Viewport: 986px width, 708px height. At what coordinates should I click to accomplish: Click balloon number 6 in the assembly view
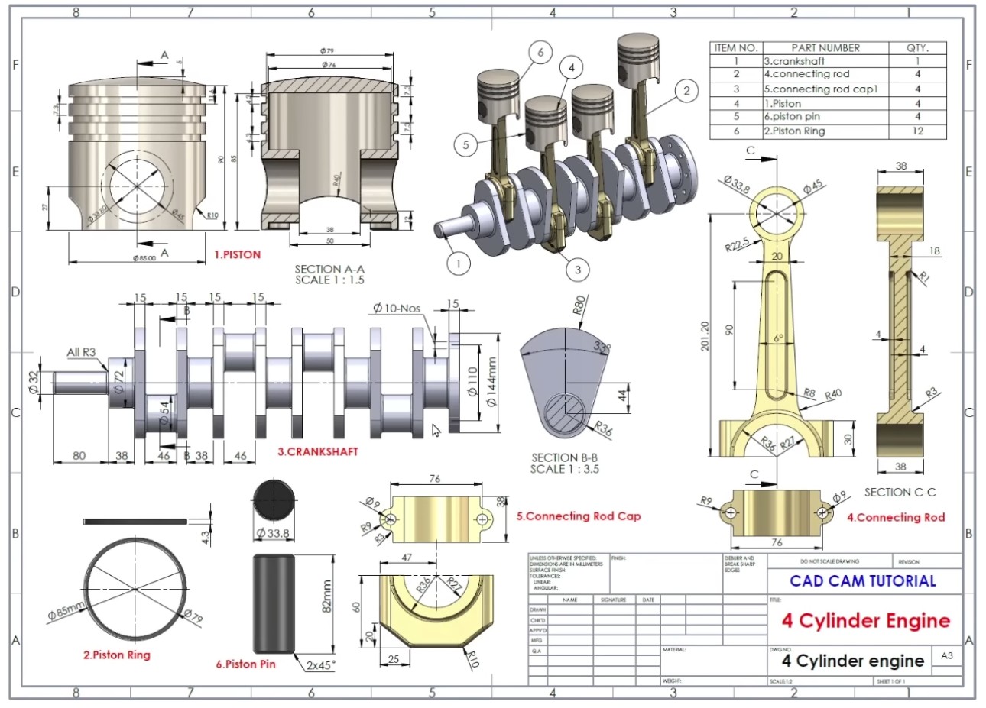pos(540,52)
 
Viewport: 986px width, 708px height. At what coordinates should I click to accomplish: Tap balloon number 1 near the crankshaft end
pos(459,264)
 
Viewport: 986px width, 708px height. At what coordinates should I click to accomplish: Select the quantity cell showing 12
pos(917,131)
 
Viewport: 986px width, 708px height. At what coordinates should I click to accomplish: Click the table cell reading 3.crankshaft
pos(795,61)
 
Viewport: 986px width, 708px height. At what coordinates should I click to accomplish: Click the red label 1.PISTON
pos(237,254)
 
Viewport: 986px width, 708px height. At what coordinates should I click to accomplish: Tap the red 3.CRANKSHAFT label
pos(317,451)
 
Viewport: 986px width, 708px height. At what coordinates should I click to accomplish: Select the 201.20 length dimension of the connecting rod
pos(705,335)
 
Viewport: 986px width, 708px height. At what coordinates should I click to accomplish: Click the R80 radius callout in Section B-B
pos(579,306)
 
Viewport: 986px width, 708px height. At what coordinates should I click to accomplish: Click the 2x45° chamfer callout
pos(321,665)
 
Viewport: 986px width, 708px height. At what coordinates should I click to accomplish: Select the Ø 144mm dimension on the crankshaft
pos(492,381)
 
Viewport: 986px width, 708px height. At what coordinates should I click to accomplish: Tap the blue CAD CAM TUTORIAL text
pos(863,581)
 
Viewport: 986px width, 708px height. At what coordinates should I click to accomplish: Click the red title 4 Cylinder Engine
pos(865,621)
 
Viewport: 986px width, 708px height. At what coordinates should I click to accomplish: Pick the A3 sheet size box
pos(947,656)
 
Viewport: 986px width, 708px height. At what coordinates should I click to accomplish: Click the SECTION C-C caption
pos(900,493)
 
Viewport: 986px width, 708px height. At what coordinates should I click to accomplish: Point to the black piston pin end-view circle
pos(273,500)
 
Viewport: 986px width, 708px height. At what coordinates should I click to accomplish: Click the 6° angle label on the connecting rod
pos(778,338)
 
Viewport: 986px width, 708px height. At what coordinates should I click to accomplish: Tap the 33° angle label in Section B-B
pos(603,348)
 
